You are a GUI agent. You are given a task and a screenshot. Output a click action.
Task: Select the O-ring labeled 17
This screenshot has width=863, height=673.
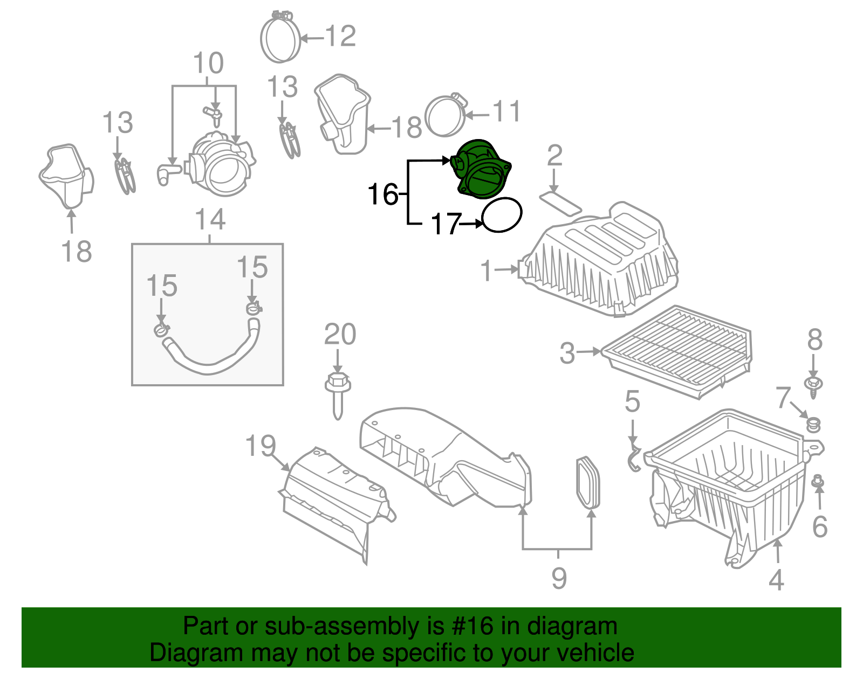click(502, 214)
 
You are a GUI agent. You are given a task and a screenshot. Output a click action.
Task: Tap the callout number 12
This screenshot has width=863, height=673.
click(340, 37)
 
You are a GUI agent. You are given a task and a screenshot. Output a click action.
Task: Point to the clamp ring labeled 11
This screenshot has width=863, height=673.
click(445, 116)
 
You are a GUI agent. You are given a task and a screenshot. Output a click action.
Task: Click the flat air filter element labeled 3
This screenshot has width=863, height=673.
click(677, 350)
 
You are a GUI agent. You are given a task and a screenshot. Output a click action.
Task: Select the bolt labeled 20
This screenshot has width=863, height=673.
click(337, 396)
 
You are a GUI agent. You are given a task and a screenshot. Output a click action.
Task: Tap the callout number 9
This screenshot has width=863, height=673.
click(559, 578)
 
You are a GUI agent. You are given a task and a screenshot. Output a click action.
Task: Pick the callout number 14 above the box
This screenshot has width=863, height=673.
click(210, 220)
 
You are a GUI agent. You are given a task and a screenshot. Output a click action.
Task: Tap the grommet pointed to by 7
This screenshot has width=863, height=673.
click(813, 425)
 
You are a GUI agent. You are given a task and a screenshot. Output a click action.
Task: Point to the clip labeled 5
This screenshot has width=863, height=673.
click(634, 458)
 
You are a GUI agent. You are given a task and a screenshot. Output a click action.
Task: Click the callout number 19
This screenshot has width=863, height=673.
click(261, 446)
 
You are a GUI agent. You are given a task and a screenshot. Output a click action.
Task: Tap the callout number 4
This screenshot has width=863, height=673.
click(776, 580)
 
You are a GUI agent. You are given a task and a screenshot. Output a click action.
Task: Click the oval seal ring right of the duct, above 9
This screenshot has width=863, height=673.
click(587, 483)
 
